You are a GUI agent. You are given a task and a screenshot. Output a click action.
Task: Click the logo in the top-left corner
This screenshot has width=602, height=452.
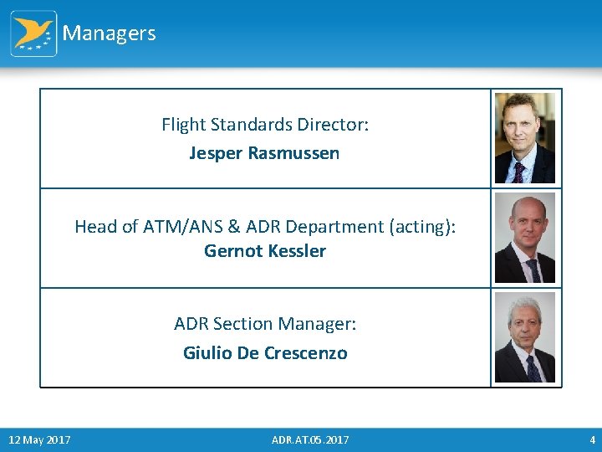click(x=33, y=33)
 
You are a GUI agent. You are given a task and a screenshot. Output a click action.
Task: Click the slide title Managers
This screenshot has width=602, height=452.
click(x=109, y=33)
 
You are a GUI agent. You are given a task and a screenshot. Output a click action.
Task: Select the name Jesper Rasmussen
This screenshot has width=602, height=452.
click(x=264, y=153)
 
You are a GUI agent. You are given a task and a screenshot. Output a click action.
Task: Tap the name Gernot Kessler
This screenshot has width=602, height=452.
click(x=265, y=251)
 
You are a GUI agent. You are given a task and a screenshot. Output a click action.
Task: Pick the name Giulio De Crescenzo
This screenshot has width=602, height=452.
click(x=265, y=353)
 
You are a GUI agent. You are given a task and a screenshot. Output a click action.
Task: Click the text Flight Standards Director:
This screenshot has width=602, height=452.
click(x=265, y=125)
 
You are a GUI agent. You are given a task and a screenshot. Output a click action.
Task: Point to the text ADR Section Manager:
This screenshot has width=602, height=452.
click(x=265, y=324)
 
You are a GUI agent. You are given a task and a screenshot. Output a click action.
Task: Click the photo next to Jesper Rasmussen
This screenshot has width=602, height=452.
click(x=525, y=138)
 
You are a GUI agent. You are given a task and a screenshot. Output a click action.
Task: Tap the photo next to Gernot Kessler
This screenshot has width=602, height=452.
click(x=525, y=239)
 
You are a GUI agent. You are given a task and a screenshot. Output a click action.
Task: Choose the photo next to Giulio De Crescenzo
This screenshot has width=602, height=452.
click(x=525, y=338)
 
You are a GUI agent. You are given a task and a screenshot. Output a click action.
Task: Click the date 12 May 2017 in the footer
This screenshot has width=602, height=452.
click(x=39, y=440)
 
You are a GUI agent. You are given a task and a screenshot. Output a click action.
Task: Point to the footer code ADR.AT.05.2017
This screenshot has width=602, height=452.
click(x=310, y=440)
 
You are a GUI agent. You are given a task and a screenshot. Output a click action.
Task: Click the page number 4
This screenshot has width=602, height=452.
click(x=592, y=440)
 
